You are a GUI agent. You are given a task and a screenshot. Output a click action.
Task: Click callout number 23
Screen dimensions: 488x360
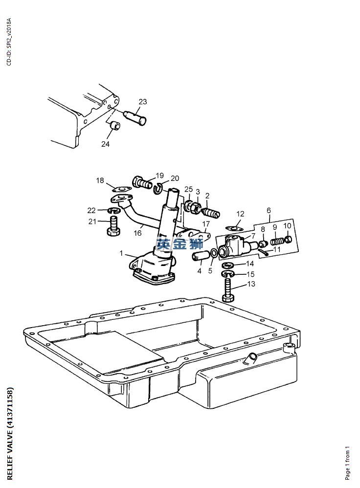(142, 102)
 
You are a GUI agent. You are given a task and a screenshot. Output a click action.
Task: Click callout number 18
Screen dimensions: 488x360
(100, 181)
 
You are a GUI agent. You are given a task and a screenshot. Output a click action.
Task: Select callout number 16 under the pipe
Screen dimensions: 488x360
(138, 233)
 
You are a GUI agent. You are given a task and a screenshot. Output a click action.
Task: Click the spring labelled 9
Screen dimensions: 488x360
(277, 241)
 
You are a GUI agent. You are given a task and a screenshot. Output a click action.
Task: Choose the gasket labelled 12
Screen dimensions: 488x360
(235, 227)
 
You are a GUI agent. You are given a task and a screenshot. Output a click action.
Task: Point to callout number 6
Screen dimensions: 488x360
(269, 211)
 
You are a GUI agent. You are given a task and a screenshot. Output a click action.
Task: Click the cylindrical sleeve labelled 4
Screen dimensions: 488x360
(200, 256)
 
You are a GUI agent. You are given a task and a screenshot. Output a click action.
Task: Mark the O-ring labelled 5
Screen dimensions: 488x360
(214, 253)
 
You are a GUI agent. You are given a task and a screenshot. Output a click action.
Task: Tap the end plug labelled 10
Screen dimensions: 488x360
(288, 239)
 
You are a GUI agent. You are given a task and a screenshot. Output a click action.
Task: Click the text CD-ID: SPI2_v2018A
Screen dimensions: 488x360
(8, 42)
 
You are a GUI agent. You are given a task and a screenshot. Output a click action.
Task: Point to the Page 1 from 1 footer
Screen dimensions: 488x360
(347, 463)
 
